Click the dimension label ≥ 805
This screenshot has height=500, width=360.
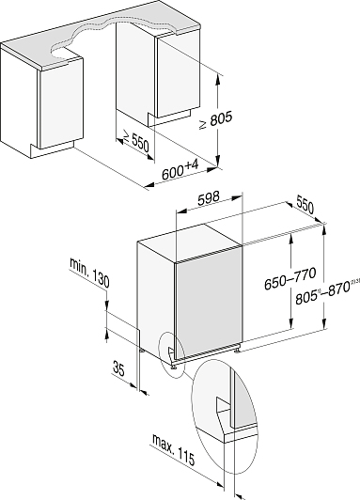coord(215,121)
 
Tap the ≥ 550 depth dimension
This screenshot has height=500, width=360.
coord(136,142)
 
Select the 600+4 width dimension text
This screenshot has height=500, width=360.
coord(180,170)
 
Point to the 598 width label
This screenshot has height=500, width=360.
coord(209,198)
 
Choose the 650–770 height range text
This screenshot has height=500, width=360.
coord(290,278)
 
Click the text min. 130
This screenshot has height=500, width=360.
coord(89,273)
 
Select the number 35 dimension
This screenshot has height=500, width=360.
coord(118,368)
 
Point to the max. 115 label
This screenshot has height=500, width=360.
coord(173,449)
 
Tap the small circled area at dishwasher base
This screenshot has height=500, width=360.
coord(172,354)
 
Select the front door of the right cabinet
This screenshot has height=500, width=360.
coord(178,75)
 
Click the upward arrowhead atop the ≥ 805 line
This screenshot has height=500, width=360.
coord(218,79)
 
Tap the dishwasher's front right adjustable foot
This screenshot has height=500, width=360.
coord(238,350)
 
